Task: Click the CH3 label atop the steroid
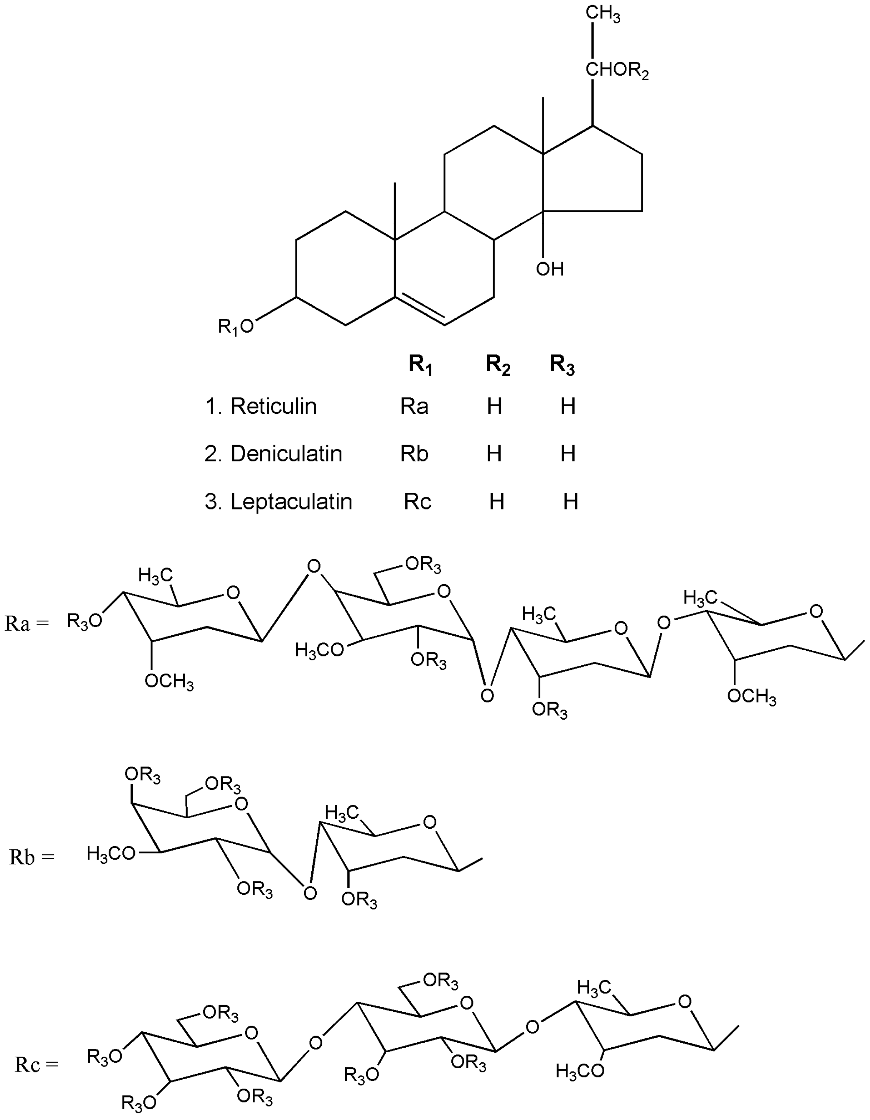[x=603, y=14]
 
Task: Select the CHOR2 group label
[x=617, y=71]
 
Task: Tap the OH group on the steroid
[x=550, y=269]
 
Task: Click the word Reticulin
[x=273, y=406]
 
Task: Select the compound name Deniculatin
[x=286, y=454]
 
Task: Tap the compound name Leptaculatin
[x=291, y=501]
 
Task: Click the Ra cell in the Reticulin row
[x=414, y=406]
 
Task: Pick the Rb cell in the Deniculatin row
[x=414, y=454]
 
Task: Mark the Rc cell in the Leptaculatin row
[x=417, y=501]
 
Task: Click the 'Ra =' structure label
[x=27, y=624]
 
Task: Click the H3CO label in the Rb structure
[x=111, y=854]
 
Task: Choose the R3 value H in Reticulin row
[x=567, y=406]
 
